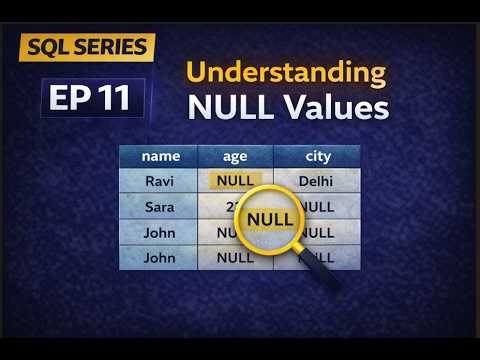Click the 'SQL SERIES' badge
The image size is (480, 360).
87,46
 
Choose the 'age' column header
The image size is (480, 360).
235,156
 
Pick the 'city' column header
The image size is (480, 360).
317,156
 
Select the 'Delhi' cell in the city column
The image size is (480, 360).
317,182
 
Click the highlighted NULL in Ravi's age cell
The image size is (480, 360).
235,182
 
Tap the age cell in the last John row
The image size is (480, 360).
235,257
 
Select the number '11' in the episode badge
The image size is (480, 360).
120,98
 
